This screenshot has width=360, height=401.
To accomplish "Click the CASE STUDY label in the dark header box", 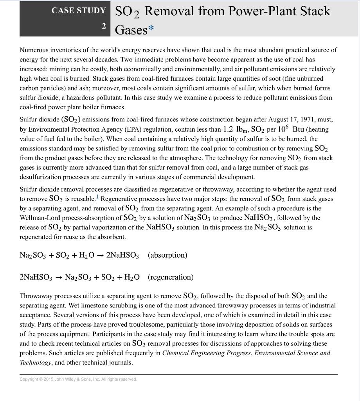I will click(79, 11).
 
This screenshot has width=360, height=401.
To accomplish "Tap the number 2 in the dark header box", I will click(104, 26).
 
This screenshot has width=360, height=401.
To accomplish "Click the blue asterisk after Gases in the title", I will click(151, 29).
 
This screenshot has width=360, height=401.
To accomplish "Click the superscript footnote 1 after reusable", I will click(97, 197).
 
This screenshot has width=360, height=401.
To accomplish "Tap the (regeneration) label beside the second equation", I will click(171, 277).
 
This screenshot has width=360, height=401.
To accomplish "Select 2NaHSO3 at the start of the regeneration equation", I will click(36, 278).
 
